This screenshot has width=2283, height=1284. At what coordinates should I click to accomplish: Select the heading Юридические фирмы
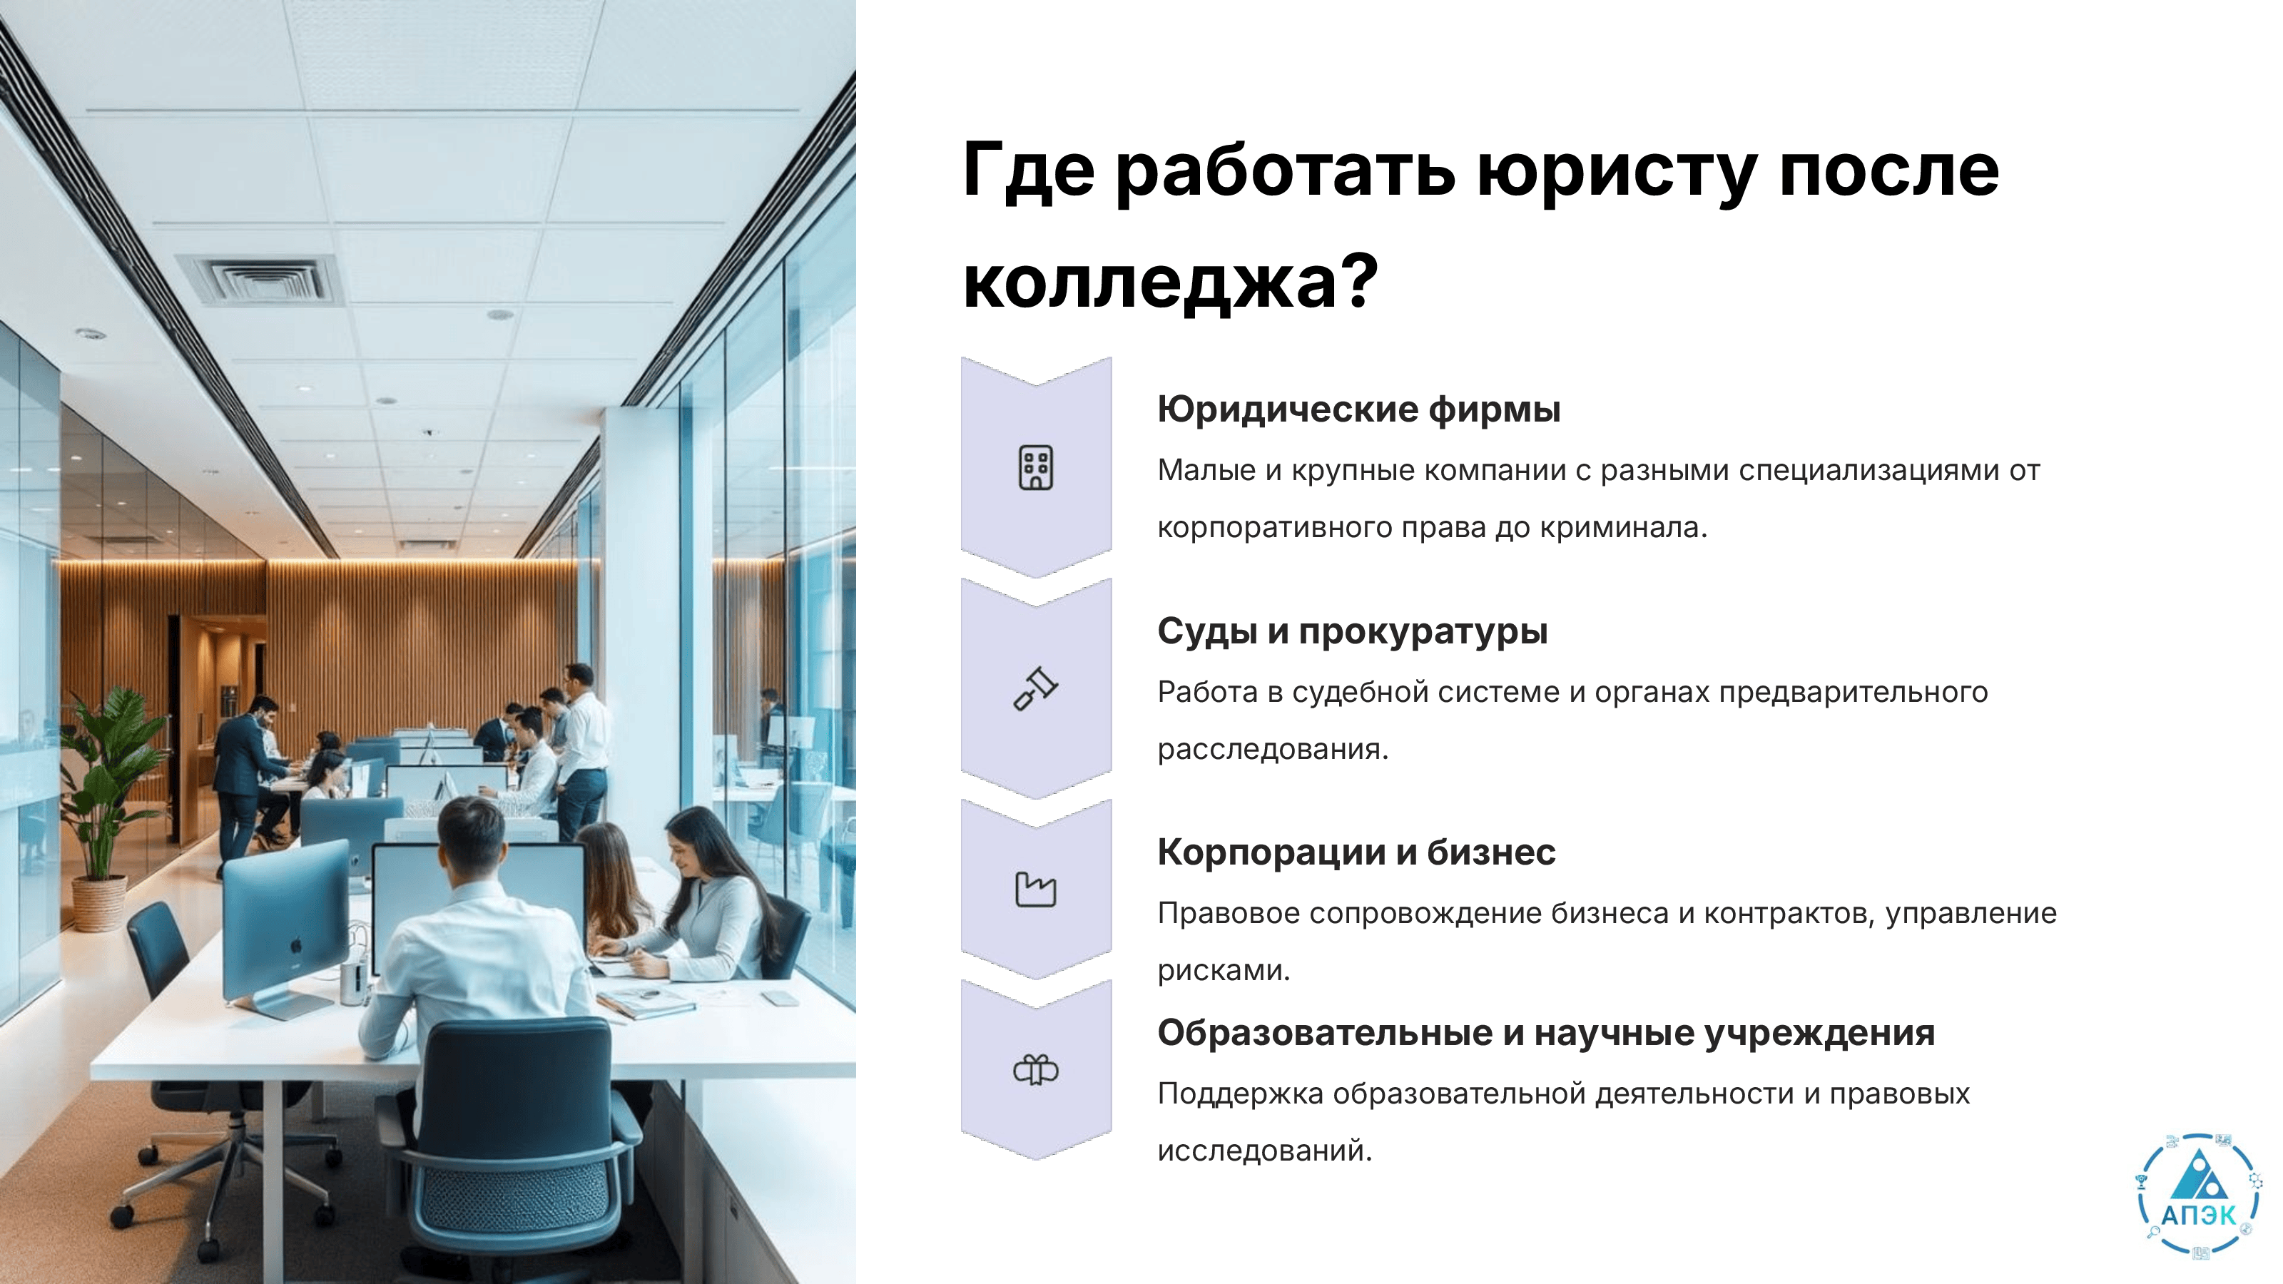1358,409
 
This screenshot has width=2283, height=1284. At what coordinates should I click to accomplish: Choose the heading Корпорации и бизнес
1356,852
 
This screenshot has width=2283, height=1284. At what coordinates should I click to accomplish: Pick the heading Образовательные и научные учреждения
1545,1033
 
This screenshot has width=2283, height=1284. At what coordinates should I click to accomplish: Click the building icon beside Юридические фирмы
1035,468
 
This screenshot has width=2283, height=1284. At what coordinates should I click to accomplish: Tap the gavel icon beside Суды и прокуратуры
1035,688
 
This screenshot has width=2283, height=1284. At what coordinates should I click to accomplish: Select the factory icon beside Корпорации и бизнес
1035,889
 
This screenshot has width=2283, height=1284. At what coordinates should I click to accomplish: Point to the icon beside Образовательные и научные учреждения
1035,1069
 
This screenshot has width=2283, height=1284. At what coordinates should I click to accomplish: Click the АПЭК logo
2199,1193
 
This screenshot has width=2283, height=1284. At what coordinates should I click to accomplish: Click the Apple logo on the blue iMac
296,947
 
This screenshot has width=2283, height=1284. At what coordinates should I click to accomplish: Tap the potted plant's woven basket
98,903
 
